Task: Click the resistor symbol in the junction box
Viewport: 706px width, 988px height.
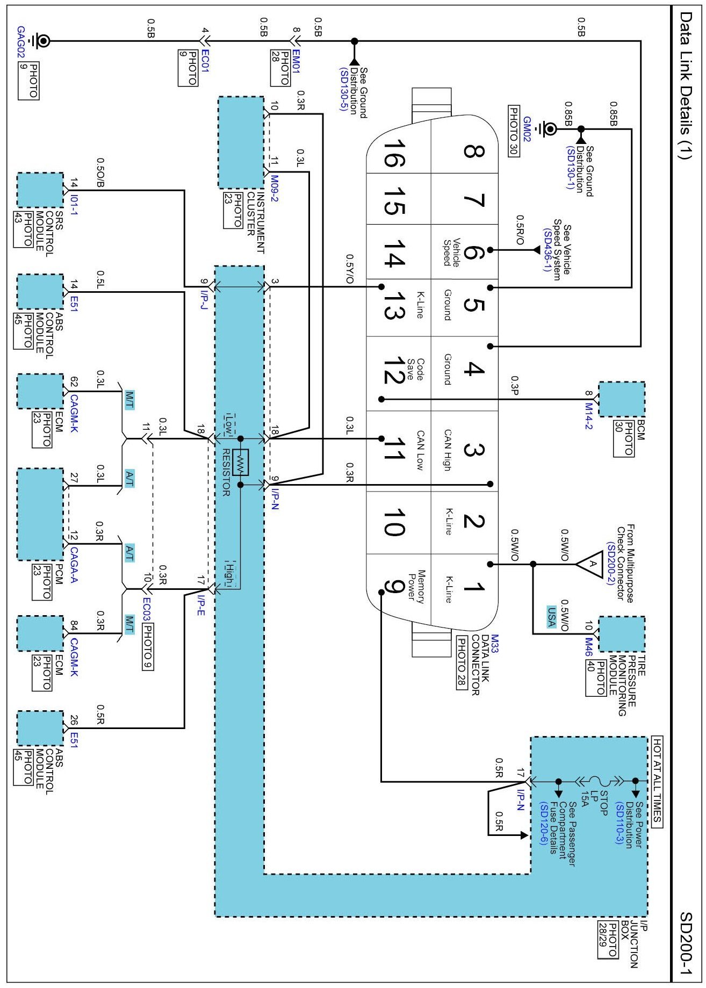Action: pos(240,462)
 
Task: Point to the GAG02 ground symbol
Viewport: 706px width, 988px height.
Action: pos(42,41)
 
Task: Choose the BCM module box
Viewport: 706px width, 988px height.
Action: pos(622,399)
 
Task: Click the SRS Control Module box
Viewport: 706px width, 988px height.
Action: pos(40,190)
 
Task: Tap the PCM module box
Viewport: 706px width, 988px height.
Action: pos(40,515)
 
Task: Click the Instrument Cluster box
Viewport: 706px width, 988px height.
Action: pos(241,142)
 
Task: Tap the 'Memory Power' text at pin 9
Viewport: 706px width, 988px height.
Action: pos(417,587)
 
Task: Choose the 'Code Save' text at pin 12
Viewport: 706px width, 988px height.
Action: pos(417,370)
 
